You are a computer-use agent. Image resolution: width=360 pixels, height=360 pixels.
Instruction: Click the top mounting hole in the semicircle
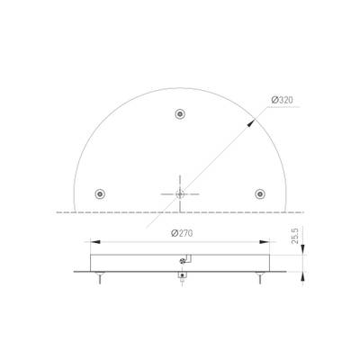point(180,114)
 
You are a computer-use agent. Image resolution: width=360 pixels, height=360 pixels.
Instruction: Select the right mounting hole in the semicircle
point(260,193)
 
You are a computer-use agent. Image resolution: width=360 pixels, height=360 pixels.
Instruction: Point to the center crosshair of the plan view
point(180,193)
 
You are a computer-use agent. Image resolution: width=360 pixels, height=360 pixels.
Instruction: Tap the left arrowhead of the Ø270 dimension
point(93,241)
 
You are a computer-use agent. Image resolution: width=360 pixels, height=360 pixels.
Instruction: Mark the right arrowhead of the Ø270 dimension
point(267,241)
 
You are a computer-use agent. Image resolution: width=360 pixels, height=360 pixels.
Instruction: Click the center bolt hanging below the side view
point(180,279)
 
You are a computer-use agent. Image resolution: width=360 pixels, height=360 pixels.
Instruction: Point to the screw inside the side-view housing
point(183,262)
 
